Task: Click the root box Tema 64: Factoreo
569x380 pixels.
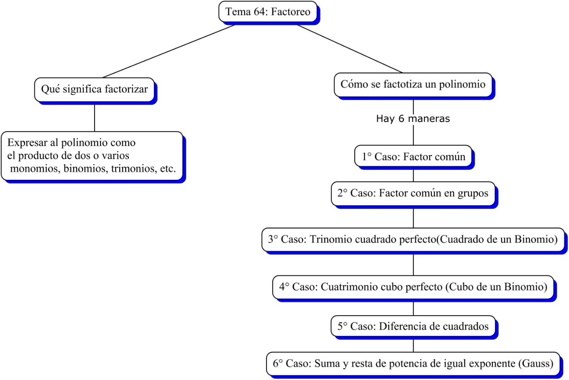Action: tap(268, 12)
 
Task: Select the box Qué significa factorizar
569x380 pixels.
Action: tap(94, 89)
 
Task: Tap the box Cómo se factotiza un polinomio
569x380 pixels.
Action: tap(413, 84)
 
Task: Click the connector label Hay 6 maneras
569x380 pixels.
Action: tap(413, 119)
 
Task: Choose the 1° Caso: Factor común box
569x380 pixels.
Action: tap(413, 156)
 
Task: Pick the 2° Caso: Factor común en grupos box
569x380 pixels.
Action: tap(413, 193)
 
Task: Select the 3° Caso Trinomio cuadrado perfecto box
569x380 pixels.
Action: tap(413, 239)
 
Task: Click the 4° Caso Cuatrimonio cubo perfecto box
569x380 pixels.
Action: tap(413, 287)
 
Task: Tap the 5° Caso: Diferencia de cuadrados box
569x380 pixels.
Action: tap(413, 326)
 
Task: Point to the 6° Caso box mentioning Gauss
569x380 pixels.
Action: tap(413, 363)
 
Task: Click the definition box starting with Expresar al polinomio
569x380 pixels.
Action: tap(92, 156)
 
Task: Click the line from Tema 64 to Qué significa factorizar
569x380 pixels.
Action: tap(169, 51)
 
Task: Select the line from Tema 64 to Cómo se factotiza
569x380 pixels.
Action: tap(350, 49)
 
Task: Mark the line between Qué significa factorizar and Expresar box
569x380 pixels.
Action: tap(94, 117)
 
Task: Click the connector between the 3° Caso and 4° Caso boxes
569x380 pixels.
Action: tap(413, 265)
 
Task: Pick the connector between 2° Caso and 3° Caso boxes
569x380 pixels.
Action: tap(413, 217)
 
